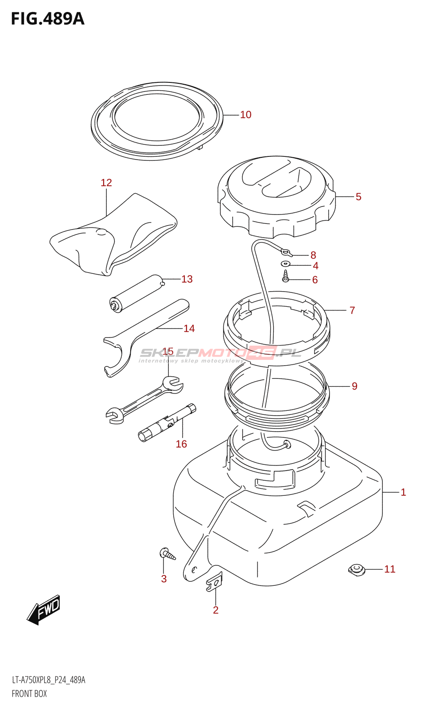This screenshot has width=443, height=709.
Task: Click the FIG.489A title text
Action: (47, 19)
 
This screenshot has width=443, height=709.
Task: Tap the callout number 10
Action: (245, 115)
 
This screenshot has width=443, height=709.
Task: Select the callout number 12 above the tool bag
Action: (106, 183)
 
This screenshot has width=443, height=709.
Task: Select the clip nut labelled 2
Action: (214, 581)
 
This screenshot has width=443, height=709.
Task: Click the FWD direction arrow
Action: (44, 610)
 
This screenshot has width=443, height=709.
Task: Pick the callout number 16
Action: (181, 444)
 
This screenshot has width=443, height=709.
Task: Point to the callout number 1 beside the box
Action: (403, 492)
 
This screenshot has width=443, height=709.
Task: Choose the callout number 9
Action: (354, 386)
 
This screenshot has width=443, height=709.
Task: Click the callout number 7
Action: (352, 310)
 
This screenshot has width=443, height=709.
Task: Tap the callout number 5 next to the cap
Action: (358, 197)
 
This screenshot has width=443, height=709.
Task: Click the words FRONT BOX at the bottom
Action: (29, 694)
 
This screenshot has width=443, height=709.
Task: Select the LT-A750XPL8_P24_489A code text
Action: (48, 680)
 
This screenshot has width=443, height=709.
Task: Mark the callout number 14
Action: (189, 329)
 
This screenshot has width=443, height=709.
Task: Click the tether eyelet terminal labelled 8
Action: (287, 253)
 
